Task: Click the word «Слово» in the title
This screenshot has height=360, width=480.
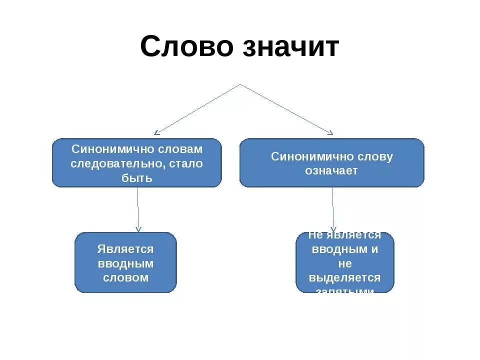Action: pyautogui.click(x=186, y=47)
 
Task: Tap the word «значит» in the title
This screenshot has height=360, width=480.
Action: pyautogui.click(x=290, y=47)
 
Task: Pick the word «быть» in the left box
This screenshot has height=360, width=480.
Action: pyautogui.click(x=136, y=177)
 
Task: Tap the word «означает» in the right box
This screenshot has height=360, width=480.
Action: pyautogui.click(x=331, y=170)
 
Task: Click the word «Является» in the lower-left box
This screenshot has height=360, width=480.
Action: pyautogui.click(x=125, y=249)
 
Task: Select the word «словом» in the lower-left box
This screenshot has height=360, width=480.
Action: pyautogui.click(x=125, y=277)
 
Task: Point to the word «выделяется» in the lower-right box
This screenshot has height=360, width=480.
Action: pyautogui.click(x=344, y=277)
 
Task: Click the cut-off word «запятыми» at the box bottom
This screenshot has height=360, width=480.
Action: pyautogui.click(x=344, y=290)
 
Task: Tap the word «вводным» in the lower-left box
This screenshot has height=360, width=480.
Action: pyautogui.click(x=125, y=263)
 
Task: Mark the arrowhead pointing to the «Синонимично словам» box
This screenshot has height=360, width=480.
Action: pyautogui.click(x=156, y=132)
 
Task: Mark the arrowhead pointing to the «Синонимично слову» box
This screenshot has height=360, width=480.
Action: pyautogui.click(x=330, y=132)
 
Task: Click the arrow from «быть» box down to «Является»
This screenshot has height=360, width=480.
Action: pyautogui.click(x=138, y=210)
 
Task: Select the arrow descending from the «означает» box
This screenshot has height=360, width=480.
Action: pyautogui.click(x=332, y=210)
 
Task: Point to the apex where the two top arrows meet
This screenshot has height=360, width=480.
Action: pyautogui.click(x=240, y=84)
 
